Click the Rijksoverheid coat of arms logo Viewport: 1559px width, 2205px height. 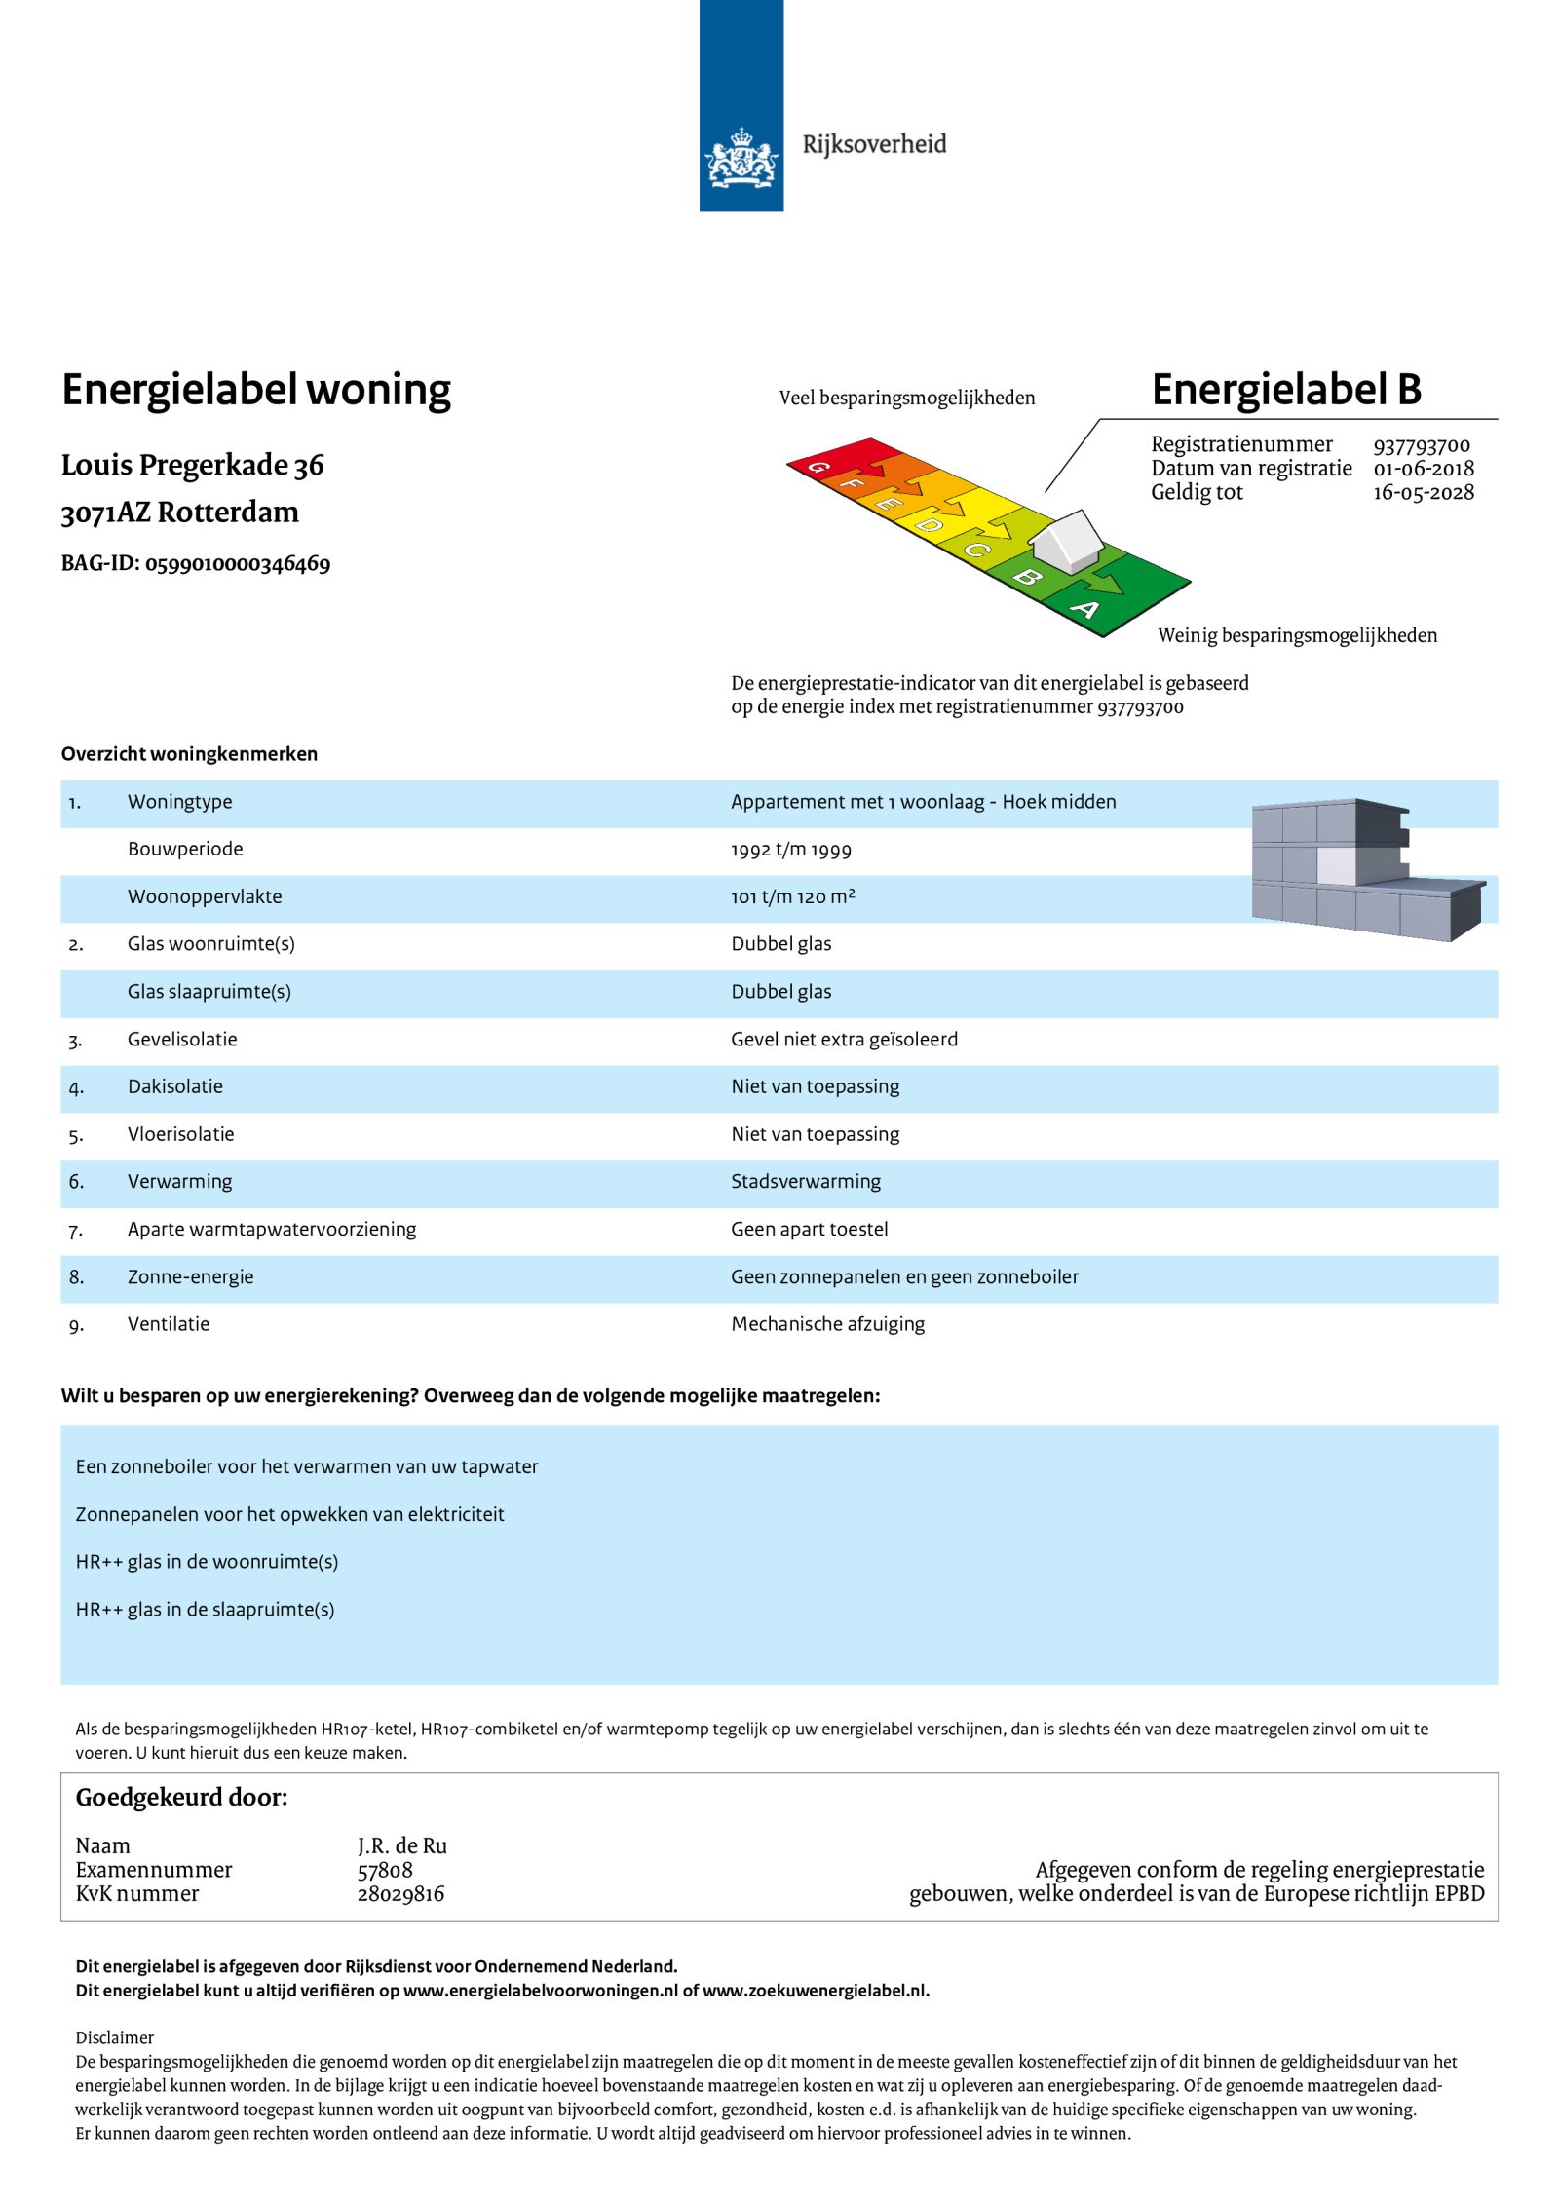741,157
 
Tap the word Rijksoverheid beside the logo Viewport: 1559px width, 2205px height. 874,144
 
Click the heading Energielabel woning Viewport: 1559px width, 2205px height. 256,390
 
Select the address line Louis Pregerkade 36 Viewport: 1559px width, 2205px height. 192,466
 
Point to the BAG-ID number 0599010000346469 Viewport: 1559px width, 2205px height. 238,564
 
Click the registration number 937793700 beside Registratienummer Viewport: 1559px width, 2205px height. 1421,445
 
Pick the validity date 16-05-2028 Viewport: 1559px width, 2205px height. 1423,492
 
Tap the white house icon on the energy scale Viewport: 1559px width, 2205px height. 1067,541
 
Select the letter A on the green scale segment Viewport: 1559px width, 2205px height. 1084,610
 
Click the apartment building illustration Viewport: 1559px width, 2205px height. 1365,869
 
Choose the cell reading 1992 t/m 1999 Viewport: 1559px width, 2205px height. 790,850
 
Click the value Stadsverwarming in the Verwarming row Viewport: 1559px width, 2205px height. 805,1182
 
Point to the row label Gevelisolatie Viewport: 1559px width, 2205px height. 182,1040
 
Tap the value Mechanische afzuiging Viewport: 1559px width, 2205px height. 827,1324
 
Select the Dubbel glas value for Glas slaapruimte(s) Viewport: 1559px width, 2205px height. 780,992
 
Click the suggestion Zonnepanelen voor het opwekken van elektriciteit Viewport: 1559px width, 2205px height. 289,1514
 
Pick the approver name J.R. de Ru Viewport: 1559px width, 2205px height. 401,1845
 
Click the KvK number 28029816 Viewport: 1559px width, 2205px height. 400,1893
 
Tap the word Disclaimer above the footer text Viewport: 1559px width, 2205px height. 114,2037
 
